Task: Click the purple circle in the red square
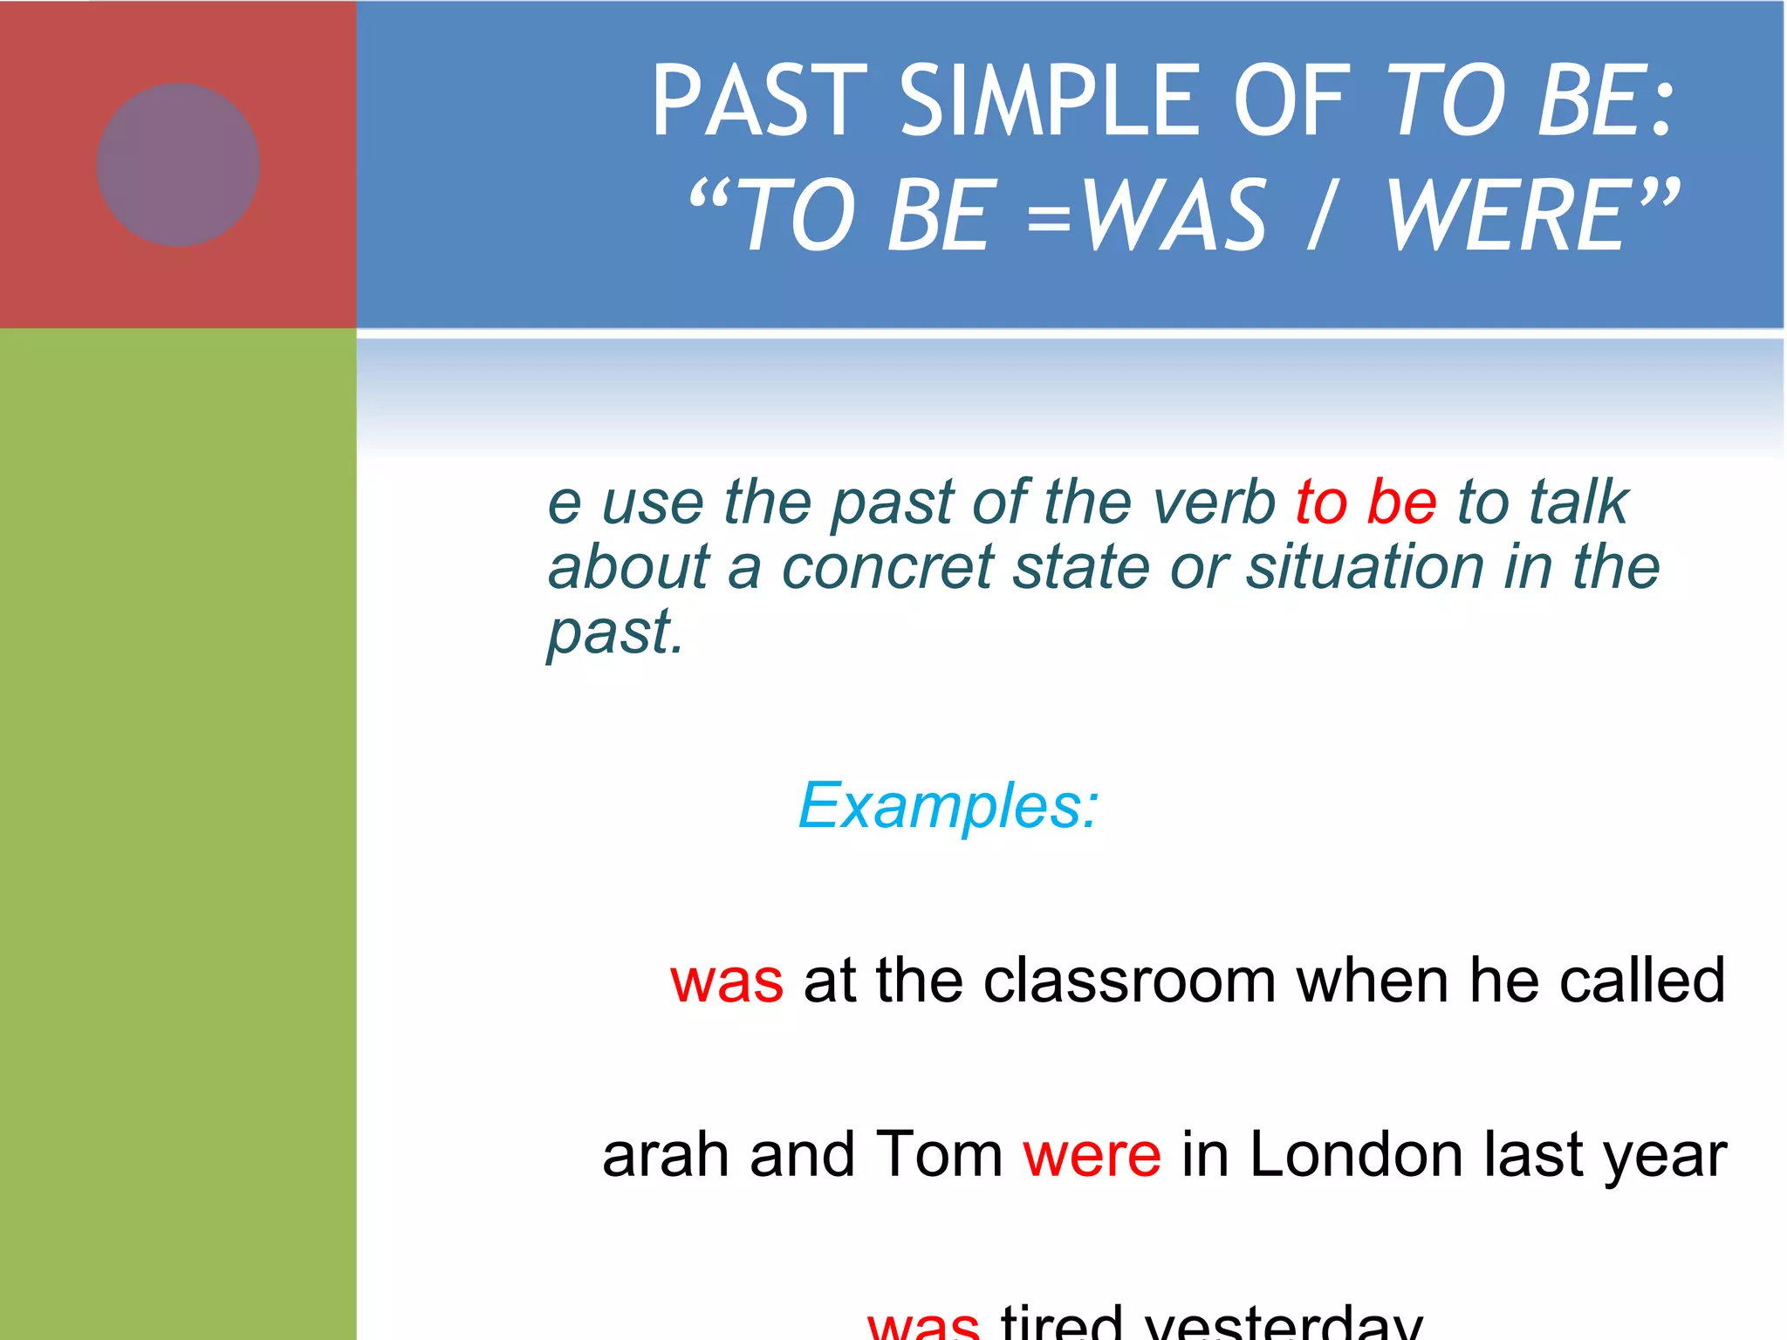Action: (x=178, y=165)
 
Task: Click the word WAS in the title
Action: (x=1174, y=215)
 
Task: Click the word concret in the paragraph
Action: (x=887, y=567)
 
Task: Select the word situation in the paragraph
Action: (x=1364, y=567)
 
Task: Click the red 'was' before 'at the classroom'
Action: (x=726, y=981)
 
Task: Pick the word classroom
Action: (x=1130, y=981)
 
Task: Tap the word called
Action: (x=1641, y=981)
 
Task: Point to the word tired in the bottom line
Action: (x=1061, y=1324)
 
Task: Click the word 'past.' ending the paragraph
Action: (x=614, y=632)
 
